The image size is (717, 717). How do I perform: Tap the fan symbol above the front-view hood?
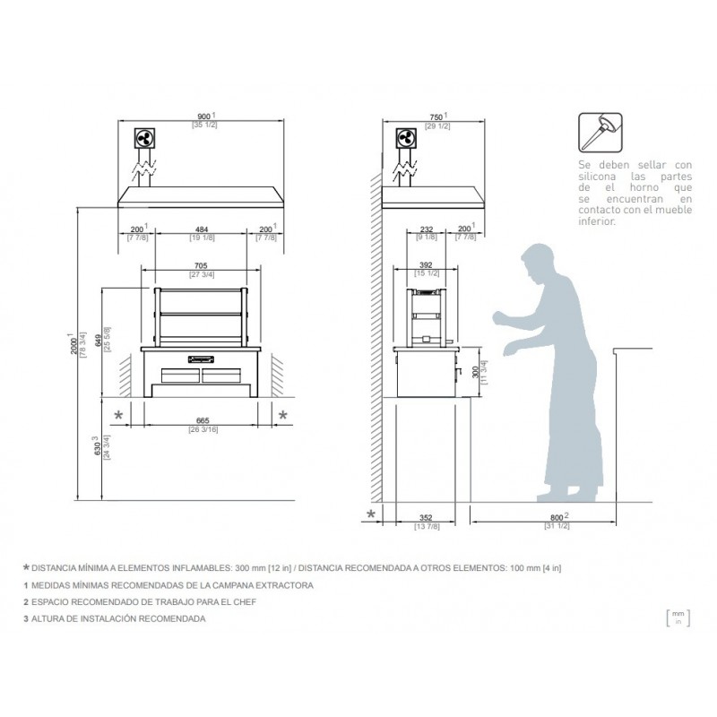144,139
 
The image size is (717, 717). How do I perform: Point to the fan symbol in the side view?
404,139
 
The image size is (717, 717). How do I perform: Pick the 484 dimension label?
200,230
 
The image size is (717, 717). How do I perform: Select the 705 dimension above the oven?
201,266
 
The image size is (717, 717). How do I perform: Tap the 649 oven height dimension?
98,336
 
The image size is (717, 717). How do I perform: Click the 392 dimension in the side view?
426,266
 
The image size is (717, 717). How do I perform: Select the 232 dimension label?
427,230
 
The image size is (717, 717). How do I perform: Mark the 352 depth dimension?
427,517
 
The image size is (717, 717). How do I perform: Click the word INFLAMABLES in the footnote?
170,569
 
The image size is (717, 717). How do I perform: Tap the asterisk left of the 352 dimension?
370,514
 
